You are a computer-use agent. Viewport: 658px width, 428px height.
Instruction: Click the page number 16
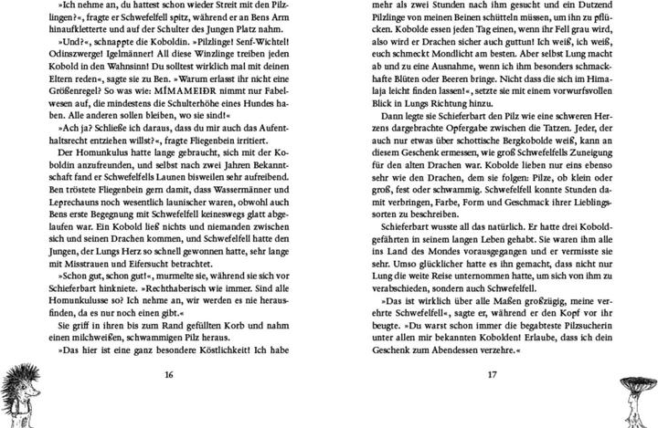pyautogui.click(x=168, y=374)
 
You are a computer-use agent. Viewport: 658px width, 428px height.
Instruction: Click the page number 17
pyautogui.click(x=491, y=374)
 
